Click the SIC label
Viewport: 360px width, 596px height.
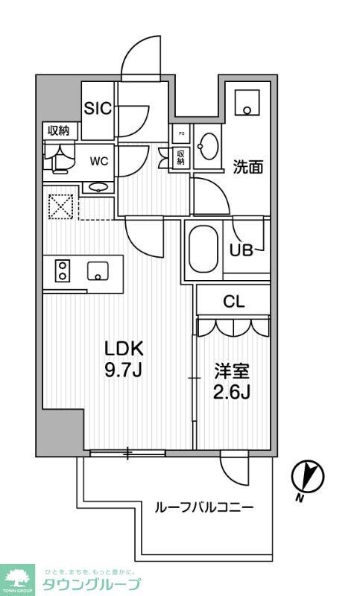pos(98,109)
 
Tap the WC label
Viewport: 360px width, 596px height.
pos(99,160)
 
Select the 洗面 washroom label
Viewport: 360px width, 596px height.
pos(247,168)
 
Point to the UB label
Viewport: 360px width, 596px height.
pos(241,250)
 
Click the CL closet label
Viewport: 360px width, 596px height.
pos(234,302)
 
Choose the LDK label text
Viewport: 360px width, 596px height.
pos(123,348)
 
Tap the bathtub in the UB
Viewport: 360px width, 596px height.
pos(203,250)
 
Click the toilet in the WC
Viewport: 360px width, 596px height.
pos(57,159)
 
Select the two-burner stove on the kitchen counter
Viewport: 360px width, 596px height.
pos(60,270)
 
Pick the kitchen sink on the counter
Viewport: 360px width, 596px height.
pos(98,270)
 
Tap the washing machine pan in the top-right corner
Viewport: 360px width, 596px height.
pos(245,103)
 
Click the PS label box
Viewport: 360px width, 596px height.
pos(180,135)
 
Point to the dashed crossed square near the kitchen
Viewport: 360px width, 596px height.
pos(60,206)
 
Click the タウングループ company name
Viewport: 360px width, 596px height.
pos(91,583)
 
